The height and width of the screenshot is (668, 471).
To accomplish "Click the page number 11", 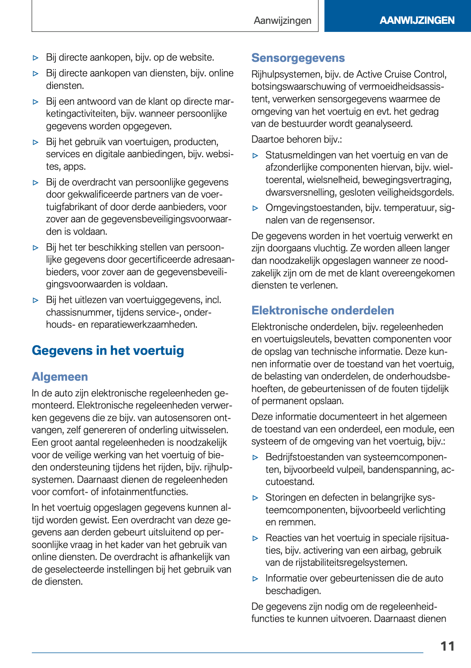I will [448, 646].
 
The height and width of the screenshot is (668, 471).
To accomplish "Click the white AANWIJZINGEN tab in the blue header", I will [417, 20].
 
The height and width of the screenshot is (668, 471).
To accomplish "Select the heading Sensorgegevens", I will [298, 58].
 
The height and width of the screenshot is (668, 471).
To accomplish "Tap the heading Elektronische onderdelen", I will [323, 310].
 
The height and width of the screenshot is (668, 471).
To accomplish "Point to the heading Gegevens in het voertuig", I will [108, 350].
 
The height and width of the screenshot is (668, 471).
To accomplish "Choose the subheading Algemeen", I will [60, 377].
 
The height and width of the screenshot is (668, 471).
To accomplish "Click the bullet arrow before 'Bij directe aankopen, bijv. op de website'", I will [36, 58].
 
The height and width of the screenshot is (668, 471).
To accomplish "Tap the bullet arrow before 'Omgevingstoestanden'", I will [255, 208].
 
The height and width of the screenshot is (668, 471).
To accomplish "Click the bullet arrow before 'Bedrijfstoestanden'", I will [255, 457].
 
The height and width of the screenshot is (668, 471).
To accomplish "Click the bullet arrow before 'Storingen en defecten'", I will [255, 498].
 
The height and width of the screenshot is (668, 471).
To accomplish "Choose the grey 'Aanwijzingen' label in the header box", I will [283, 21].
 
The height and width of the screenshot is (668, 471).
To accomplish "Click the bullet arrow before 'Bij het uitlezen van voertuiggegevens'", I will [36, 300].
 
